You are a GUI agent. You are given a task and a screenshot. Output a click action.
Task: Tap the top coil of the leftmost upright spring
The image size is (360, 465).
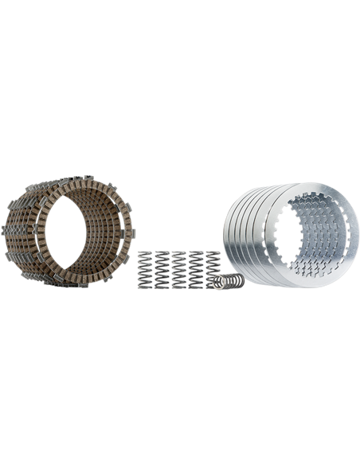click(x=146, y=254)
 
